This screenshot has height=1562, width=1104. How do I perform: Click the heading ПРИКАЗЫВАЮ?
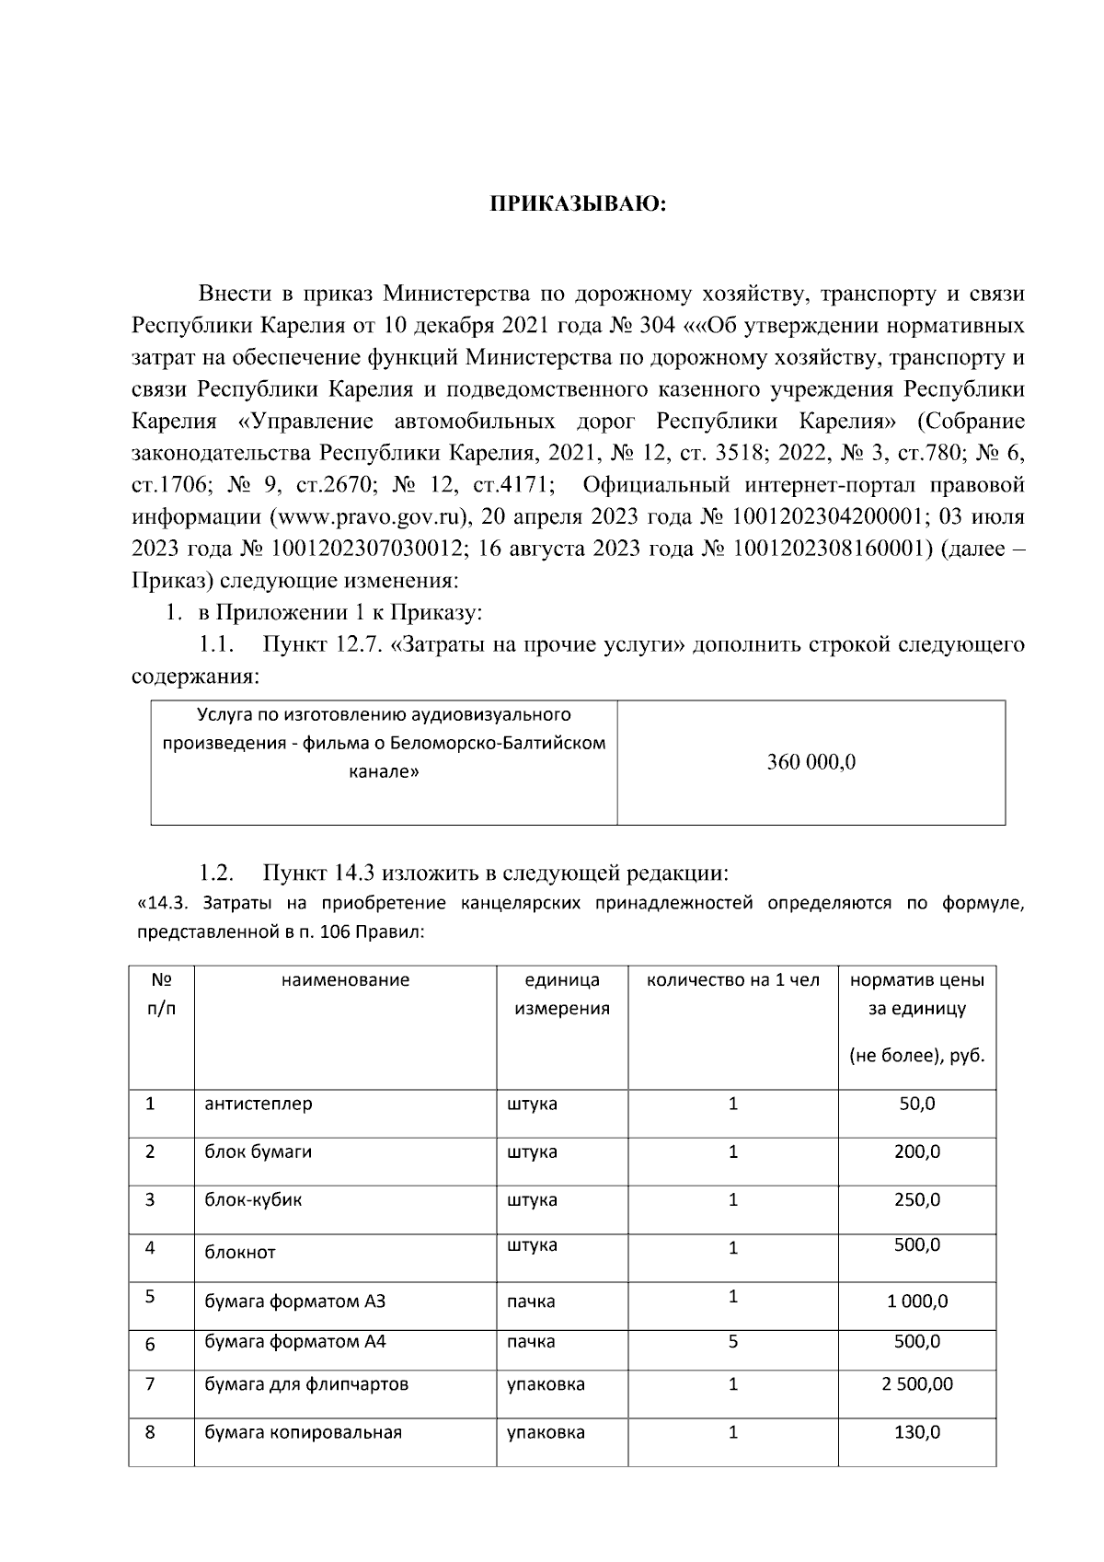[577, 204]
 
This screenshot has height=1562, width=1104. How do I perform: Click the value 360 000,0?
[811, 762]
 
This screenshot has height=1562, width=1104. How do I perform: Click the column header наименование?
[345, 980]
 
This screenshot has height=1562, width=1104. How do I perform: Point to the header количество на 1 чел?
[732, 980]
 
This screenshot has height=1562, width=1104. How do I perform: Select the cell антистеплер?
[259, 1104]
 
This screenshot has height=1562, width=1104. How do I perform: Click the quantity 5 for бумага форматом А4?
[732, 1342]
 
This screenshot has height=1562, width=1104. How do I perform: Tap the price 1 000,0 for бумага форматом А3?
[916, 1302]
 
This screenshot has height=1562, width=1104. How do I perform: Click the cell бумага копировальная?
[303, 1433]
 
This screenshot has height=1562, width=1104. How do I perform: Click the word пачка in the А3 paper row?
[531, 1302]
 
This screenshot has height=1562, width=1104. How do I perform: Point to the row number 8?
[150, 1433]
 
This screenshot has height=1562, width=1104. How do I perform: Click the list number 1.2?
[216, 873]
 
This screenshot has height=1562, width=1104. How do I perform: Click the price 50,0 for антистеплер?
[916, 1104]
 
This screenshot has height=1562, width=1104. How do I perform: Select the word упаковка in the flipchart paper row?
[546, 1384]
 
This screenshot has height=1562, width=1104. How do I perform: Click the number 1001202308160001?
[825, 549]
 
